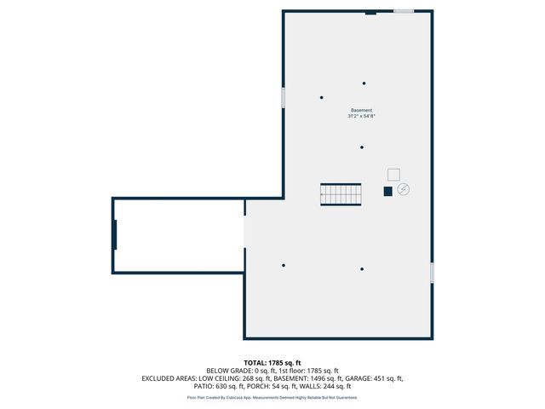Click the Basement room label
click(361, 111)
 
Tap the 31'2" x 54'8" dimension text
click(361, 117)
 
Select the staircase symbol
click(341, 194)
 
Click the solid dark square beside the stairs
click(387, 191)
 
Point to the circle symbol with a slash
click(404, 189)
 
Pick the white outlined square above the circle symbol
click(393, 174)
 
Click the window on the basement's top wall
click(404, 11)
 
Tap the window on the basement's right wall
click(432, 273)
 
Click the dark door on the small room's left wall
click(114, 235)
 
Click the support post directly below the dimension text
click(362, 147)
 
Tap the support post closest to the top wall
click(364, 84)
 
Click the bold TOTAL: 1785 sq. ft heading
click(272, 363)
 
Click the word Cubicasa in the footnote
click(241, 397)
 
